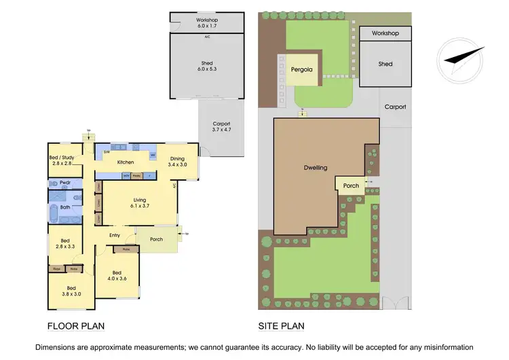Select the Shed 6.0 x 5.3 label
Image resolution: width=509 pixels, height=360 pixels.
(207, 67)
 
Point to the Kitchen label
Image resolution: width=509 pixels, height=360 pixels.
(126, 162)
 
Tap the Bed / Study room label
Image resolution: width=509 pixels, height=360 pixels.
(61, 161)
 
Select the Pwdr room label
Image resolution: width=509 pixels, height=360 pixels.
(67, 183)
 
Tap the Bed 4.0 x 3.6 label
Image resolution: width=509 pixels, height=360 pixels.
(117, 275)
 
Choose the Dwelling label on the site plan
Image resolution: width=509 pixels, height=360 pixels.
(314, 167)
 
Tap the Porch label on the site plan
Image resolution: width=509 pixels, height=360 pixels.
(351, 185)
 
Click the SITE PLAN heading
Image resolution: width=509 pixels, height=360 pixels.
(281, 325)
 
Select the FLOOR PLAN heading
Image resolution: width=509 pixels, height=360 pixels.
(75, 325)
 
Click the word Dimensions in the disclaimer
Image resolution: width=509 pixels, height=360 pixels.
(69, 346)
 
